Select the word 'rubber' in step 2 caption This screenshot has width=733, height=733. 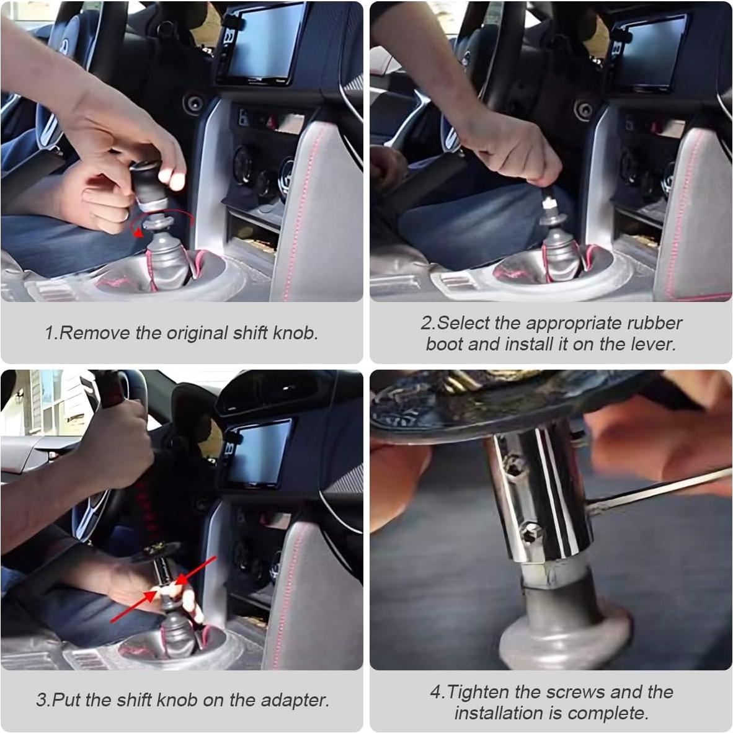pos(654,323)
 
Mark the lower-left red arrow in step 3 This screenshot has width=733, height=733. pos(134,606)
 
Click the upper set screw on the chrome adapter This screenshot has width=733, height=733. pos(513,466)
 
